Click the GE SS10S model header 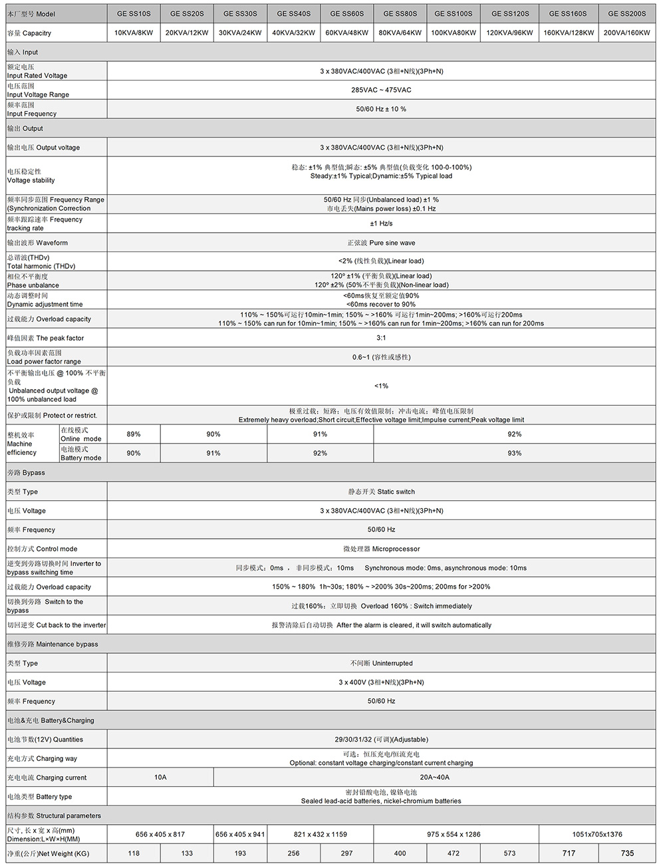pyautogui.click(x=134, y=13)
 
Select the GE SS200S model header pyautogui.click(x=626, y=13)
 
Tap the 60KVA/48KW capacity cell pyautogui.click(x=346, y=33)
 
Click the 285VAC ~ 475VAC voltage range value pyautogui.click(x=381, y=90)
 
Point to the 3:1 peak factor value pyautogui.click(x=381, y=338)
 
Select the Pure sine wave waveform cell pyautogui.click(x=381, y=243)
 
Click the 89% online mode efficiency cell pyautogui.click(x=134, y=434)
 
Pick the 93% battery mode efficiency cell pyautogui.click(x=514, y=453)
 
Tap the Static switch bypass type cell pyautogui.click(x=381, y=492)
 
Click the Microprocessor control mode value pyautogui.click(x=381, y=549)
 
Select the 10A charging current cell pyautogui.click(x=160, y=777)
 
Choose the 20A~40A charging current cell pyautogui.click(x=434, y=777)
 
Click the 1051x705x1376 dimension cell pyautogui.click(x=597, y=834)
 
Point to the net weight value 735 pyautogui.click(x=626, y=853)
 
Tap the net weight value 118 pyautogui.click(x=134, y=853)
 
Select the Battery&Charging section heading pyautogui.click(x=51, y=720)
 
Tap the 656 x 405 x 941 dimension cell pyautogui.click(x=240, y=834)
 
